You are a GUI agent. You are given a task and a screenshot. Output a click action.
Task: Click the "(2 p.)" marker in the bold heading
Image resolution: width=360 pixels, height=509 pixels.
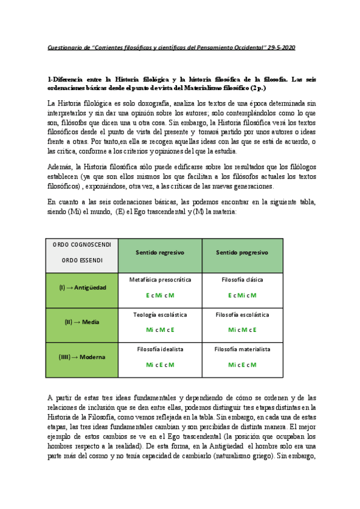click(x=251, y=88)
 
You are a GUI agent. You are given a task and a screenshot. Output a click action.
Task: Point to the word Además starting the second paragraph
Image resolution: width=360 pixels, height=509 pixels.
click(x=59, y=166)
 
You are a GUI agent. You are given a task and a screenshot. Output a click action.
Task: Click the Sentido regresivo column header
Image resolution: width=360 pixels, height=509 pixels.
click(x=160, y=252)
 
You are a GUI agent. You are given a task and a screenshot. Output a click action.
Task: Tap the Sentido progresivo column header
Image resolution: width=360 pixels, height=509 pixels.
click(x=242, y=252)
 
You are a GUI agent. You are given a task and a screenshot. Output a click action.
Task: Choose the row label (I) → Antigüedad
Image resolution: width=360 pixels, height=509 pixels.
click(x=82, y=288)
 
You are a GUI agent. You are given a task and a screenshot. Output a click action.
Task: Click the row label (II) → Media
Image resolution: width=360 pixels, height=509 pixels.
click(x=82, y=322)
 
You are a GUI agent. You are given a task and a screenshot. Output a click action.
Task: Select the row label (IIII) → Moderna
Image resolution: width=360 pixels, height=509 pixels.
click(x=82, y=357)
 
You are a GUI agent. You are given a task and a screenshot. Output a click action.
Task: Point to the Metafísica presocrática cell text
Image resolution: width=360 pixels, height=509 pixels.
click(x=160, y=280)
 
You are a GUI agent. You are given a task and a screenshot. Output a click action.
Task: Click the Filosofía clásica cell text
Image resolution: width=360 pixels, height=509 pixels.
click(x=242, y=280)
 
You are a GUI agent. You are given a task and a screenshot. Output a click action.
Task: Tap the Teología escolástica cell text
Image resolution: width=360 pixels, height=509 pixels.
click(x=160, y=315)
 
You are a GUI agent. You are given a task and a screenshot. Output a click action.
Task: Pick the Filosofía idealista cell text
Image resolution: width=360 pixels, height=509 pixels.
click(x=160, y=349)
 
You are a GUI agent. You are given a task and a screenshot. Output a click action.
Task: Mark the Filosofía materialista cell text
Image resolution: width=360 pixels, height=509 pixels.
click(x=242, y=349)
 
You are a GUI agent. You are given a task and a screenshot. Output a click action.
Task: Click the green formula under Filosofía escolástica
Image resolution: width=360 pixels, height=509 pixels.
click(x=242, y=330)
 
